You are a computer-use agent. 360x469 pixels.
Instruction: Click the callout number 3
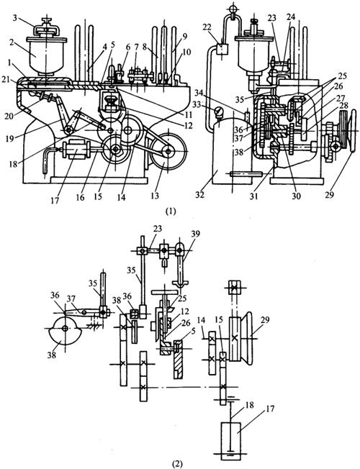click(14, 19)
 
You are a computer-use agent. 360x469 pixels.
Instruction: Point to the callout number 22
click(215, 27)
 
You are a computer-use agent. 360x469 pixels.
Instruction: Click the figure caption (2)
click(176, 464)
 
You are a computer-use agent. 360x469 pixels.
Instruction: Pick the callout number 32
click(200, 195)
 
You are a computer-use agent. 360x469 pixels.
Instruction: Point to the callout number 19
click(10, 139)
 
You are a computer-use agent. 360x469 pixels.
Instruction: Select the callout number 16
click(80, 198)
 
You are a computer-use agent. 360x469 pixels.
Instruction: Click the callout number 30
click(296, 196)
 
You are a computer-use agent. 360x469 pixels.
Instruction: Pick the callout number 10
click(186, 52)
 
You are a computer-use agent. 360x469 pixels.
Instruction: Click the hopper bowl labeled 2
click(46, 56)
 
